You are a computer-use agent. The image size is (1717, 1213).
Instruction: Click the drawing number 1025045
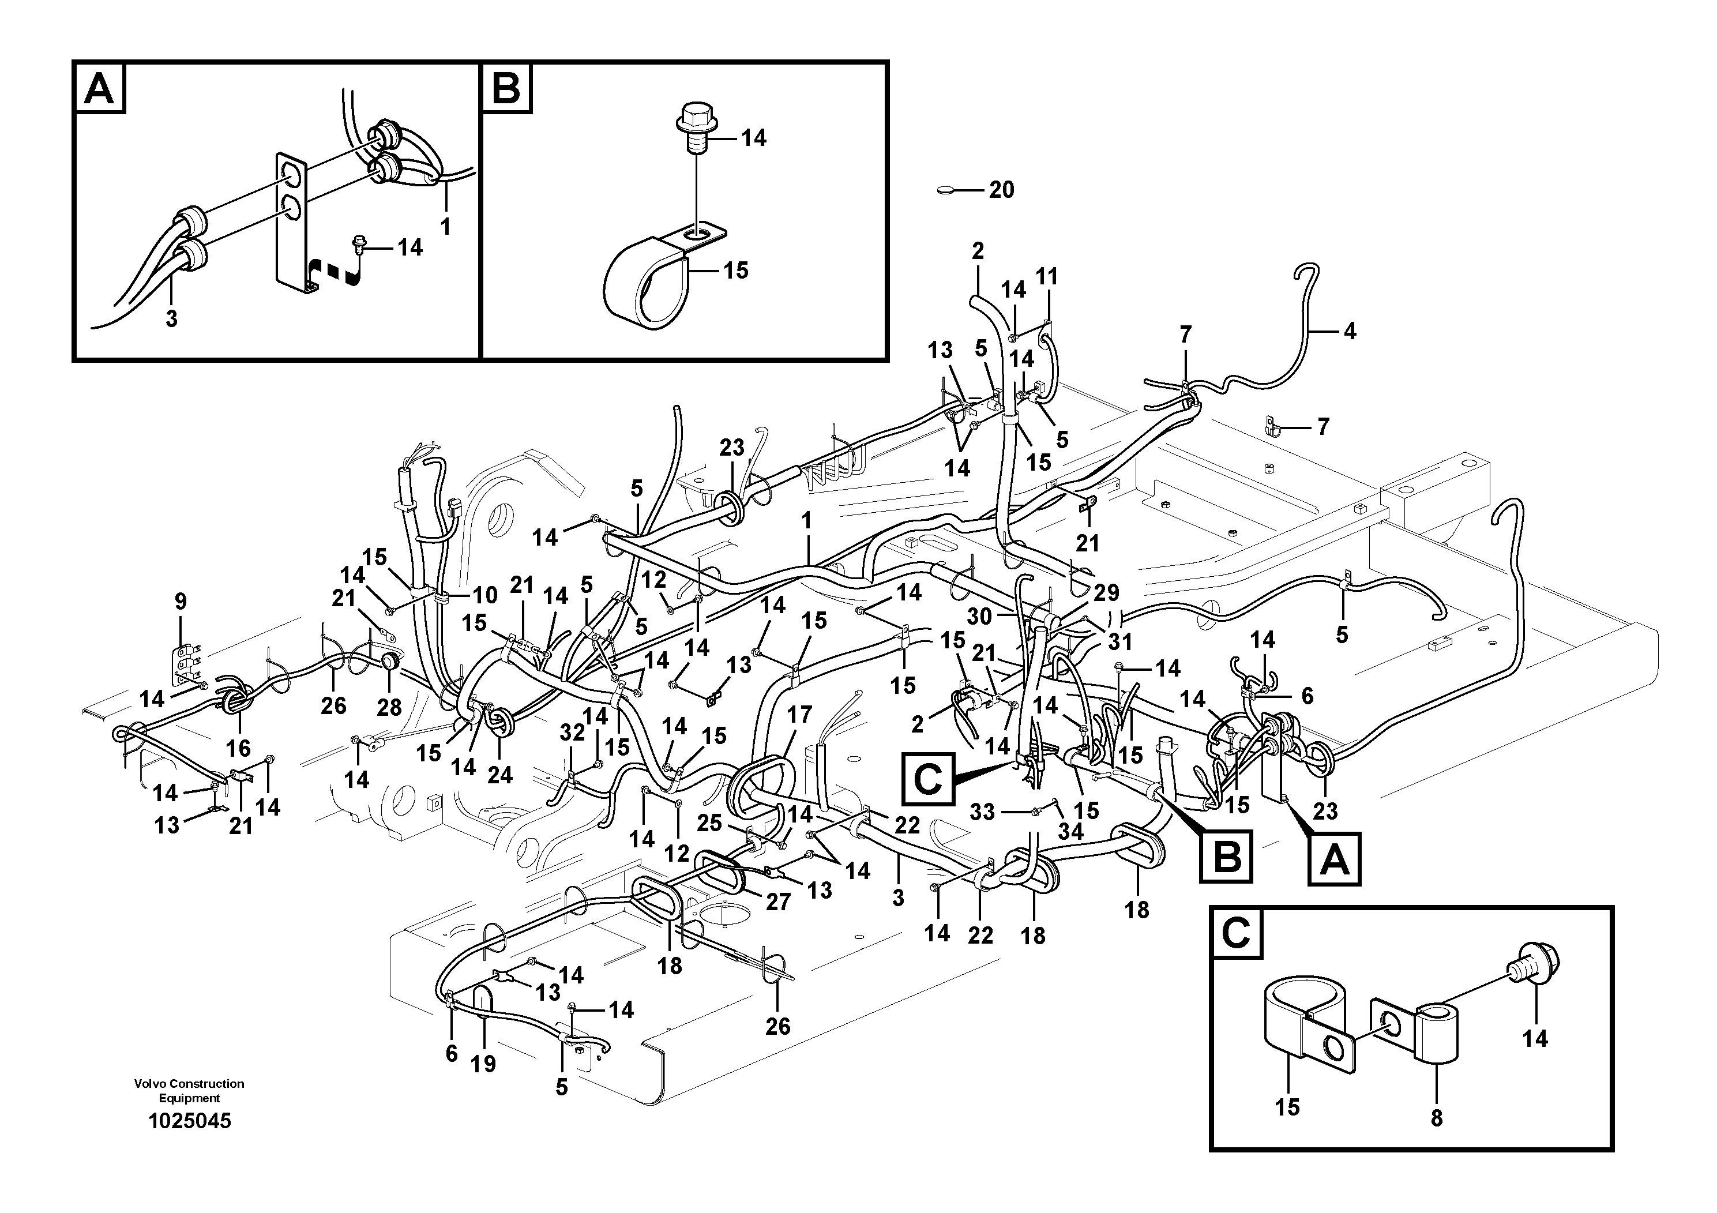pyautogui.click(x=189, y=1121)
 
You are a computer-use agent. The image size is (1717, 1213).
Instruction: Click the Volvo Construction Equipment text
pyautogui.click(x=189, y=1090)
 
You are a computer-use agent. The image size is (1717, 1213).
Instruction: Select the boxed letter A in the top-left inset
pyautogui.click(x=99, y=88)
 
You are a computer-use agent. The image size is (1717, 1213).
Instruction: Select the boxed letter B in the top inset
pyautogui.click(x=506, y=88)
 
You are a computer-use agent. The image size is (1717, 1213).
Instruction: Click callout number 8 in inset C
pyautogui.click(x=1436, y=1139)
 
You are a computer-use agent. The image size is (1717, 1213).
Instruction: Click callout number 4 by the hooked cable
pyautogui.click(x=1349, y=331)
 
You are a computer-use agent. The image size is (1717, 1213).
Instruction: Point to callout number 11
pyautogui.click(x=1047, y=277)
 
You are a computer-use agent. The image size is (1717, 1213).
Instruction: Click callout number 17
pyautogui.click(x=799, y=715)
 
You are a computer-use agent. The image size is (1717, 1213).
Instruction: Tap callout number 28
pyautogui.click(x=389, y=707)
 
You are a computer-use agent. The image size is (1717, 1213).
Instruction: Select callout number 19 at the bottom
pyautogui.click(x=483, y=1064)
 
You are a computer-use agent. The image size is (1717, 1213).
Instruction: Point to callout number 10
pyautogui.click(x=484, y=595)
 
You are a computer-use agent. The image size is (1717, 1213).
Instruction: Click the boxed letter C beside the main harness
pyautogui.click(x=928, y=780)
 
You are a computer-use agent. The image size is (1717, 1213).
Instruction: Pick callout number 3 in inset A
pyautogui.click(x=171, y=318)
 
